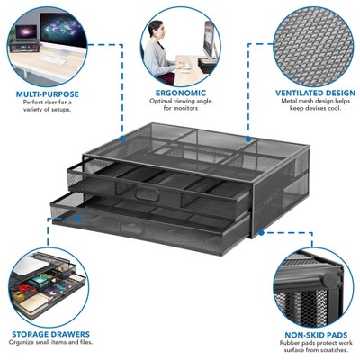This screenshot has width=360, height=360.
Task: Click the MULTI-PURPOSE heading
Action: coord(48,93)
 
